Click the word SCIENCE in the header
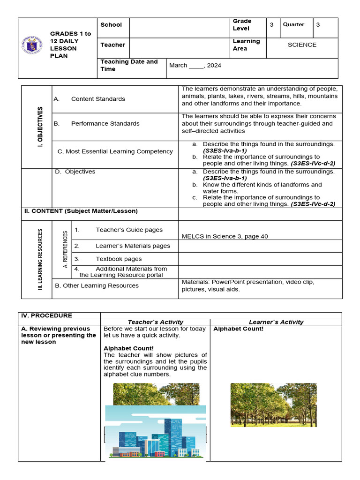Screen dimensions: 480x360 [302, 45]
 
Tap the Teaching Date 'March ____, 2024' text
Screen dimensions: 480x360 [195, 66]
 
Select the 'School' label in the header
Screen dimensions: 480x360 [111, 25]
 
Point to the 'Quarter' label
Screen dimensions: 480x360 [293, 25]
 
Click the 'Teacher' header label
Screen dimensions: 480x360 [112, 45]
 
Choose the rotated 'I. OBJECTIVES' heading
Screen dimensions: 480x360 [40, 127]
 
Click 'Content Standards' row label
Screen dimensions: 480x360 [98, 99]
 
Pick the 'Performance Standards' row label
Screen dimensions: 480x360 [105, 124]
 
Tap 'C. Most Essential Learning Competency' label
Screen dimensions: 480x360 [115, 151]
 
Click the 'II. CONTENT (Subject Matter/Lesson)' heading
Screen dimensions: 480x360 [81, 211]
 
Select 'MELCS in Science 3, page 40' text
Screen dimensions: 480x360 [225, 236]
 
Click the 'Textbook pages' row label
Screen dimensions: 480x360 [119, 259]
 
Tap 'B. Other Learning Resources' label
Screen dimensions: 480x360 [97, 285]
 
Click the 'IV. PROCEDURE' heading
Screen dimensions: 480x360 [47, 315]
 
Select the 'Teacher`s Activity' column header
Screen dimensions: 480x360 [155, 322]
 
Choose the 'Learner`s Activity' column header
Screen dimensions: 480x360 [276, 322]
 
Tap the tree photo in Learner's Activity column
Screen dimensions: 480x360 [273, 405]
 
